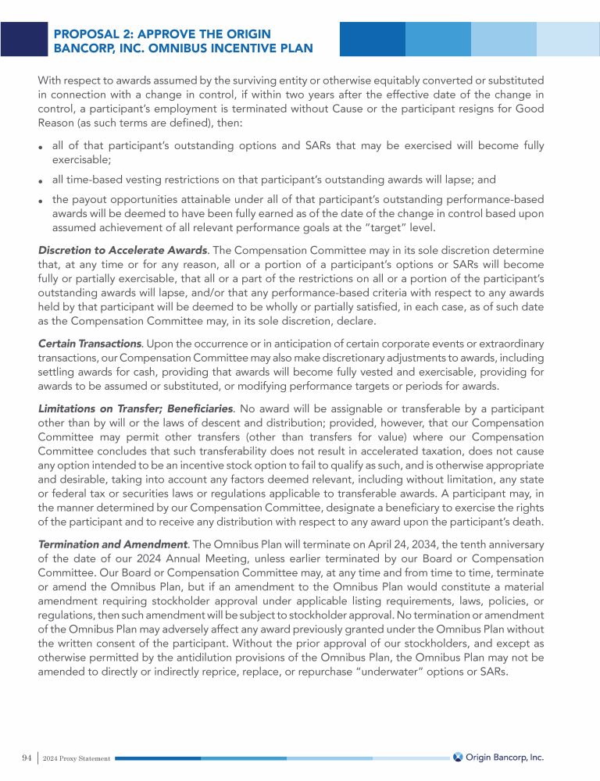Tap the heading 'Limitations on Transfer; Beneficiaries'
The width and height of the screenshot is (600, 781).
click(x=135, y=408)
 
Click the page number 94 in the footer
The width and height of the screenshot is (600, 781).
click(x=27, y=758)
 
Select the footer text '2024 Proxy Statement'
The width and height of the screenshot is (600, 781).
click(x=77, y=759)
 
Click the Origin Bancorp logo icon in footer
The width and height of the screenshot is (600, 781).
click(x=458, y=757)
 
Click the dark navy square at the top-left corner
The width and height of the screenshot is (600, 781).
click(x=23, y=39)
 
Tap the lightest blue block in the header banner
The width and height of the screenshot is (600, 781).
click(x=567, y=39)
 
